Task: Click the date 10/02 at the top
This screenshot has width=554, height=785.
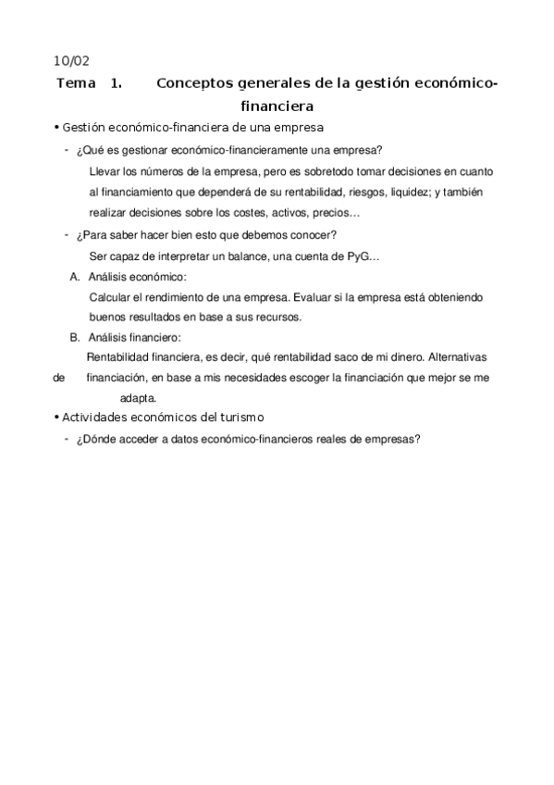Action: [x=73, y=61]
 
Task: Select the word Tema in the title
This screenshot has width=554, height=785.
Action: [x=75, y=83]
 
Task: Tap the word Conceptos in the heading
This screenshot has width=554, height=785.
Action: [x=200, y=83]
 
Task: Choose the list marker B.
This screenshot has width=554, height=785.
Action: [x=75, y=337]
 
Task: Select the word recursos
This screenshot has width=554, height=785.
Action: [x=281, y=317]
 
